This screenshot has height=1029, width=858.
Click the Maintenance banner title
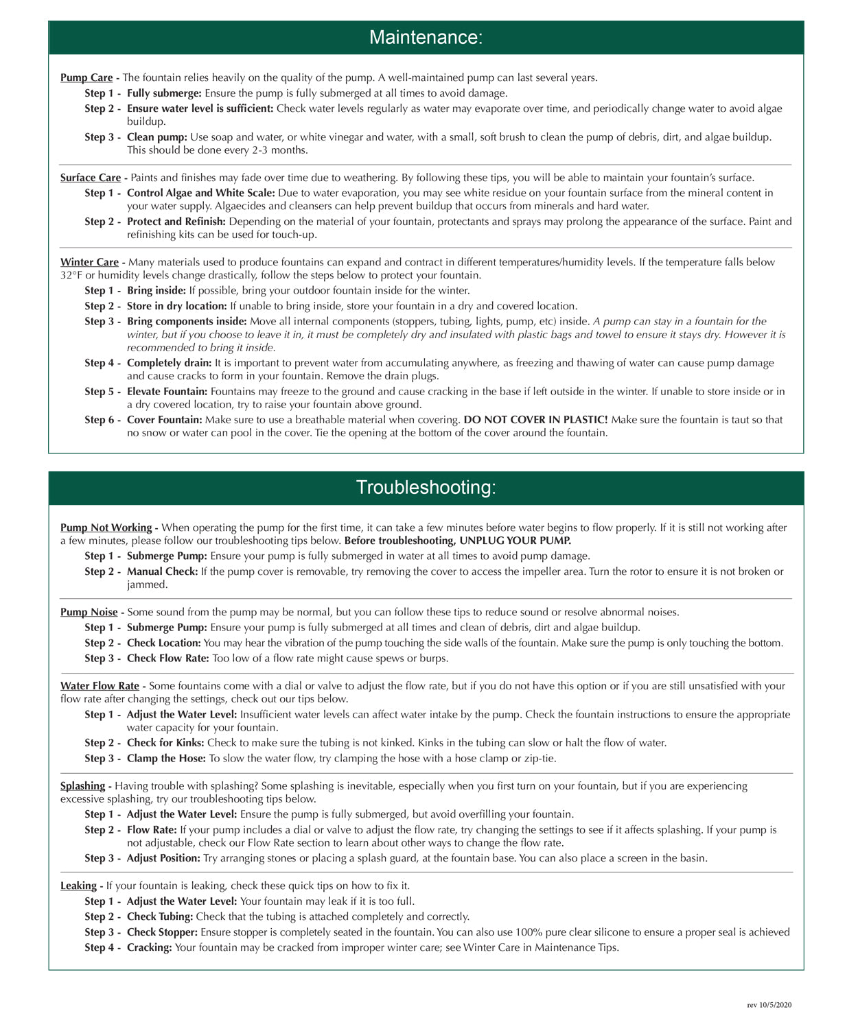426,37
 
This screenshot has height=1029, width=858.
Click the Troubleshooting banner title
426,487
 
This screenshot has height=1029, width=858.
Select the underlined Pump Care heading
86,78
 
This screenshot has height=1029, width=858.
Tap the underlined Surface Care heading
91,178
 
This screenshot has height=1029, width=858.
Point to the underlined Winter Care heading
89,262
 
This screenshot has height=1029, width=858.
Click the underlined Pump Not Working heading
106,528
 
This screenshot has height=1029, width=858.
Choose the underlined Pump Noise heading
89,612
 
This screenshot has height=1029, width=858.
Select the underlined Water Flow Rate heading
100,686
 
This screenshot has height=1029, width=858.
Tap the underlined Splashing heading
82,786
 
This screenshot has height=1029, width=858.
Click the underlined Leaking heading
78,886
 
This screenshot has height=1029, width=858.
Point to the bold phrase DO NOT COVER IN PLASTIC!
535,420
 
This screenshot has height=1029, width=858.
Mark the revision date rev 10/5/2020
769,1005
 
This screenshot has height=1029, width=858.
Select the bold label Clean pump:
156,137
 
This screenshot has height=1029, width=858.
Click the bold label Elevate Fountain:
167,392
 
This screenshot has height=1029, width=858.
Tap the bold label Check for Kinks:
165,743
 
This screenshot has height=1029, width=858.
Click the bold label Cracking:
150,948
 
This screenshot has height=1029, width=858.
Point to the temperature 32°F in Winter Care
71,275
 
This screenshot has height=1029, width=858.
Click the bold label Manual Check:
162,571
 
